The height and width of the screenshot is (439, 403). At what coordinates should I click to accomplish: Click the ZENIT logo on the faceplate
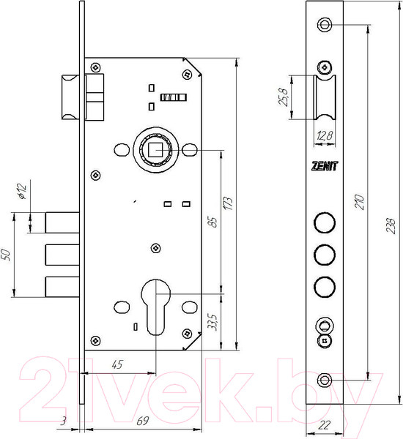click(x=325, y=166)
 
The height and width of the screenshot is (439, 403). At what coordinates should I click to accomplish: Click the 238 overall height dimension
click(x=391, y=225)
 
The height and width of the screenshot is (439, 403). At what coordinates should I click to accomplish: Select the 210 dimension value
click(x=360, y=202)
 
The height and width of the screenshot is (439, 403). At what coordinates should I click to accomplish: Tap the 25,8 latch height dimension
click(x=284, y=97)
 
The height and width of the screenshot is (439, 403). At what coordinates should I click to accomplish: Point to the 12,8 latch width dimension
click(x=325, y=136)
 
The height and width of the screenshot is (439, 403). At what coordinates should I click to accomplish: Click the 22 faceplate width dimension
click(x=324, y=425)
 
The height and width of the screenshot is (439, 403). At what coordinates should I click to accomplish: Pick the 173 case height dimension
click(x=228, y=203)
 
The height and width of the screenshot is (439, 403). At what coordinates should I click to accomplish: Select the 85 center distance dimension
click(x=213, y=222)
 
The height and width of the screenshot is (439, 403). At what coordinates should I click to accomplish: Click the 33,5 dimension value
click(x=213, y=322)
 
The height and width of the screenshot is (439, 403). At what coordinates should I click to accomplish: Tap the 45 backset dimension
click(x=117, y=364)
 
